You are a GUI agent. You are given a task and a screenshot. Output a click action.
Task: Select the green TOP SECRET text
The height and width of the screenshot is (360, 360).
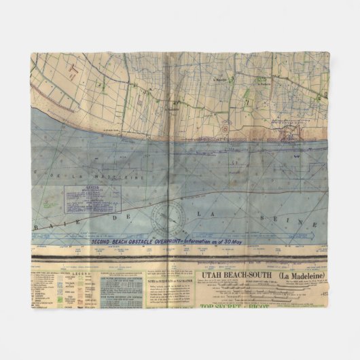pyautogui.click(x=223, y=304)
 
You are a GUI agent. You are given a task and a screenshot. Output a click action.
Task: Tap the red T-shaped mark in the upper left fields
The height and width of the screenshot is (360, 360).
pyautogui.click(x=73, y=71)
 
